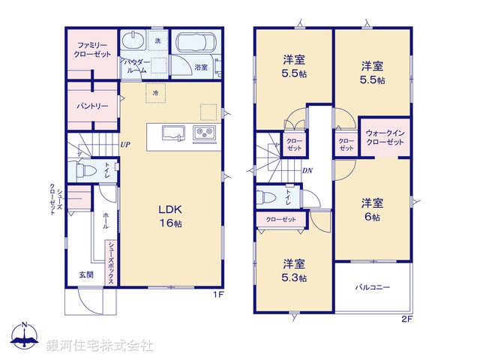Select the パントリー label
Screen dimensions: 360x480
pos(93,106)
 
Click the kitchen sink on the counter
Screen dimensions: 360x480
pos(172,133)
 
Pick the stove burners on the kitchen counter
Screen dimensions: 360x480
pos(203,133)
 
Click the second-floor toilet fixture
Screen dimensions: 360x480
pos(267,198)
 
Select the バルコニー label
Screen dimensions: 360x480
pos(372,286)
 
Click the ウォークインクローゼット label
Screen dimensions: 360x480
pos(385,137)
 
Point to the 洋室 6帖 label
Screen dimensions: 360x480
pos(372,209)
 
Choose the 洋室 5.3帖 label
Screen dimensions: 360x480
pos(293,270)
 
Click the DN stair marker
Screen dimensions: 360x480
pos(307,170)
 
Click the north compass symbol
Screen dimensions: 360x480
pos(24,337)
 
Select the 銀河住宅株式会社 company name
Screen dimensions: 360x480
pos(99,345)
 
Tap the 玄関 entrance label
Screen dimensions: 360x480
pos(86,274)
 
